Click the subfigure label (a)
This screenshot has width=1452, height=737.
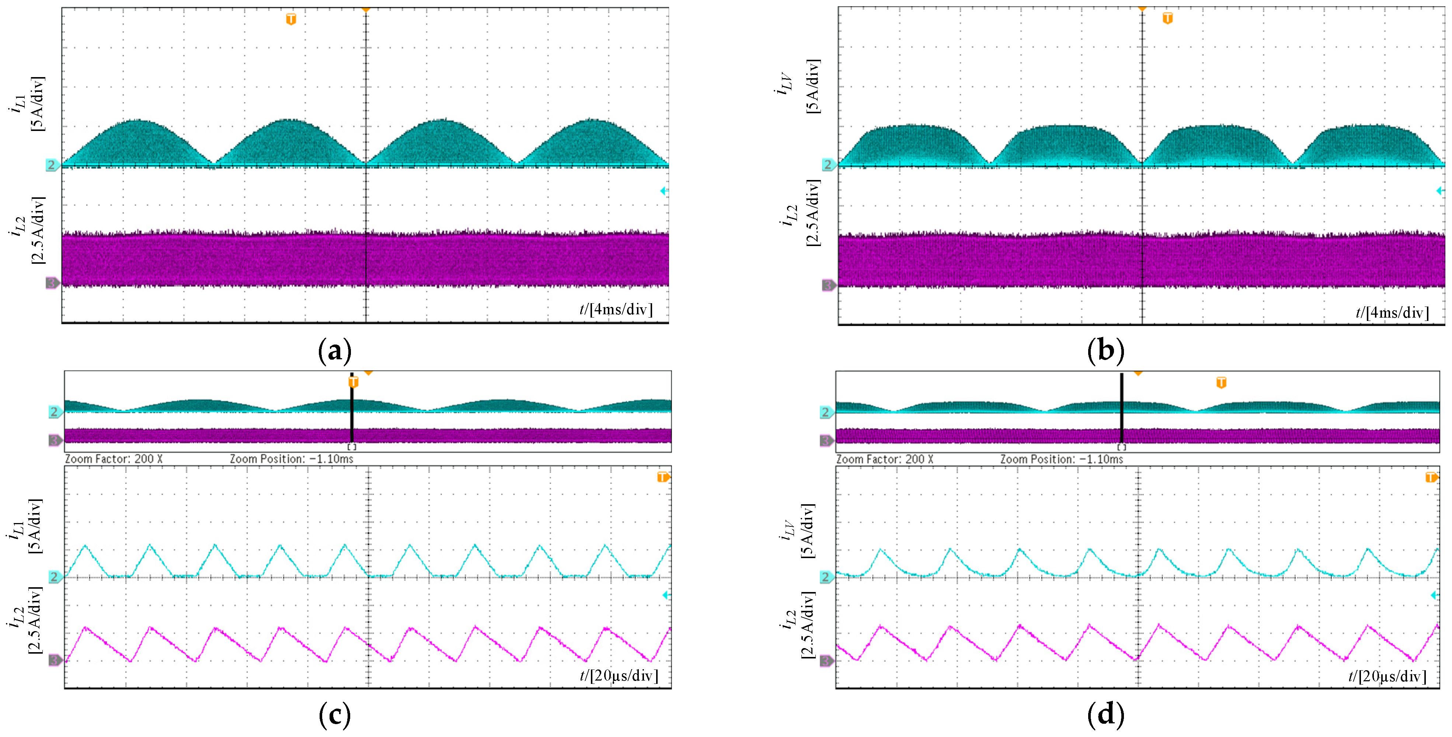tap(335, 351)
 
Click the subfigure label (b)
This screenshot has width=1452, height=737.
tap(1105, 351)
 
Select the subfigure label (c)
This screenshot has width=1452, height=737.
tap(335, 714)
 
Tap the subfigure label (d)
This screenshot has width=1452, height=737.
tap(1105, 714)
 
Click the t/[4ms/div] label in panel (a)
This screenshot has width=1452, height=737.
tap(616, 309)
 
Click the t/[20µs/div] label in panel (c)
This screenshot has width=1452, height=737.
tap(618, 675)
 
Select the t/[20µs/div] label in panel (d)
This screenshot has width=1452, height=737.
tap(1387, 676)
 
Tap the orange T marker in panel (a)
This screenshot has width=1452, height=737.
tap(291, 20)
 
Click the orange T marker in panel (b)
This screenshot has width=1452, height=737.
tap(1167, 18)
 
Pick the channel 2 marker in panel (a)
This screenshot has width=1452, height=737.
tap(52, 165)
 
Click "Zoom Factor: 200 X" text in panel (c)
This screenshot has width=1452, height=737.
tap(114, 459)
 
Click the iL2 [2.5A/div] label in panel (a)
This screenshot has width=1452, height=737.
tap(28, 229)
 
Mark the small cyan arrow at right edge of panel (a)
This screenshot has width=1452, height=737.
tap(664, 191)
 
